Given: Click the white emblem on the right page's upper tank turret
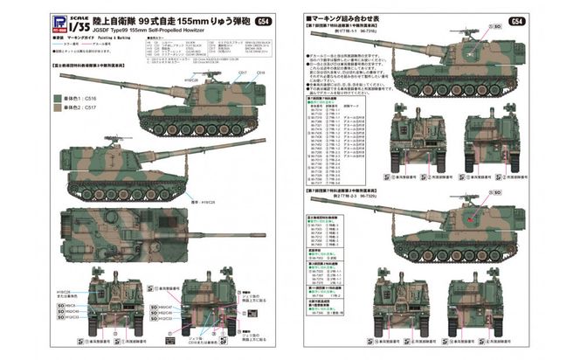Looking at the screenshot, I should pos(472,52).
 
